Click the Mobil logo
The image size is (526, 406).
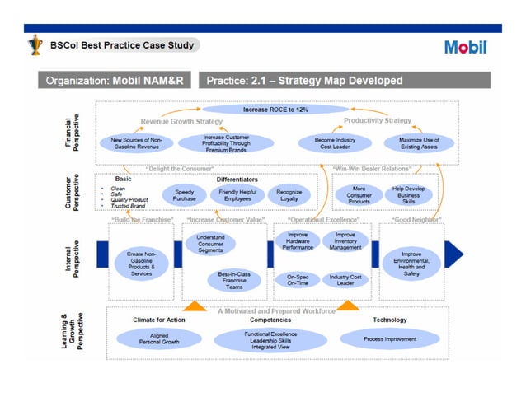[x=466, y=46]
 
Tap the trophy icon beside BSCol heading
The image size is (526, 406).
[x=35, y=46]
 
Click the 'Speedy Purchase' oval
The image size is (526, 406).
[x=185, y=194]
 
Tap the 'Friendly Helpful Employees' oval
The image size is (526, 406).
[x=236, y=194]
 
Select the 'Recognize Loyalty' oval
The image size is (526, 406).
[x=289, y=194]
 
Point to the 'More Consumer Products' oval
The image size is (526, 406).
[x=359, y=194]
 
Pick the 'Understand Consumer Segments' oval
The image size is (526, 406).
[x=210, y=244]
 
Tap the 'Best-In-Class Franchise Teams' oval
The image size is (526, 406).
[x=233, y=279]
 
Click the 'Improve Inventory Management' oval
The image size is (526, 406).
[x=345, y=241]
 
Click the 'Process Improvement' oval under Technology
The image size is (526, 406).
[x=390, y=338]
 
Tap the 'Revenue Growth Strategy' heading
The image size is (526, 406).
[x=181, y=121]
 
